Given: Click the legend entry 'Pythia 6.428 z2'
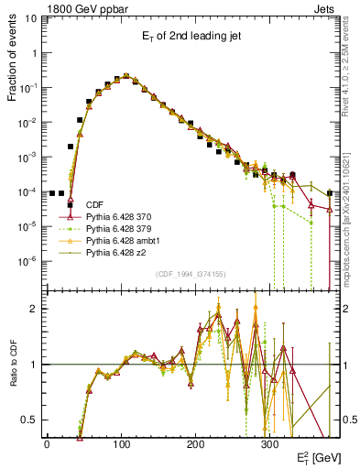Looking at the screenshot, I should coord(117,251).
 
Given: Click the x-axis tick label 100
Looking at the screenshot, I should coord(121,442).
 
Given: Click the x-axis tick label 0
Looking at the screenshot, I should coord(47,442).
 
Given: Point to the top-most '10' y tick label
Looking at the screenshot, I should coord(29,20).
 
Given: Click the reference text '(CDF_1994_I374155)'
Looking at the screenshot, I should coord(191,274).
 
